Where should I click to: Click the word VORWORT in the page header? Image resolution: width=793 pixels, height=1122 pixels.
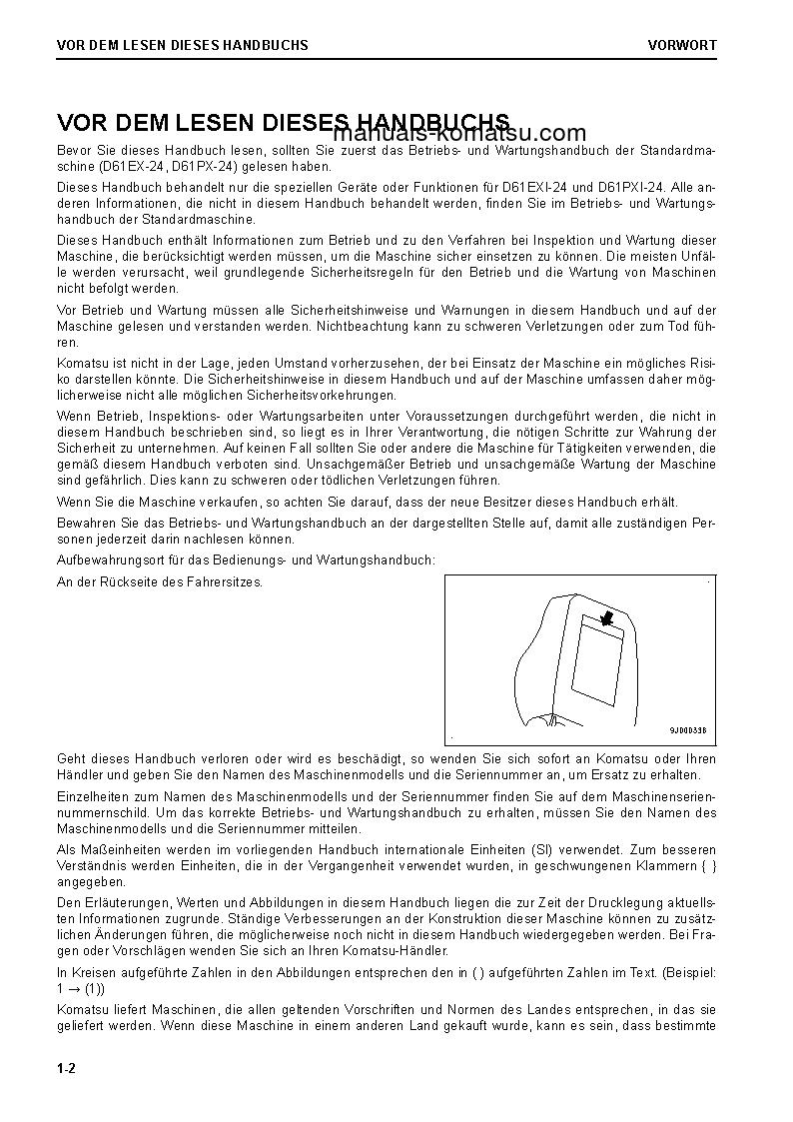[x=681, y=45]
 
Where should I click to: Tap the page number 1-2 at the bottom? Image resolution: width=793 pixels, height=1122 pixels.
[x=67, y=1068]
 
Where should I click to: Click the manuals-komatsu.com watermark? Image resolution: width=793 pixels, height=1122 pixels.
[x=460, y=134]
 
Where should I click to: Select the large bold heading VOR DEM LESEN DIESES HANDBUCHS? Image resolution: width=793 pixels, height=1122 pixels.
[x=284, y=122]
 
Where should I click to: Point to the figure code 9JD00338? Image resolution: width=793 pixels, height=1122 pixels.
[x=687, y=730]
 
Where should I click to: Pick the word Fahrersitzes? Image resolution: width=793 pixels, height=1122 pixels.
[x=225, y=581]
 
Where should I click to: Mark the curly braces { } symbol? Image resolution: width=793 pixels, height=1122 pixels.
[x=705, y=865]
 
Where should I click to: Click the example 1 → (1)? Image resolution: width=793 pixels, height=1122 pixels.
[x=81, y=989]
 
